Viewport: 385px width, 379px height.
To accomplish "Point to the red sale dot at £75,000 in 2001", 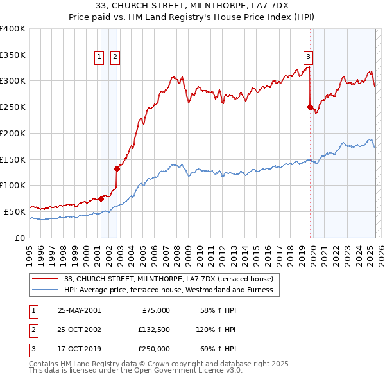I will click(101, 198).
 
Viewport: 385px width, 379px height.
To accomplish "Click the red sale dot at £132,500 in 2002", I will click(117, 168).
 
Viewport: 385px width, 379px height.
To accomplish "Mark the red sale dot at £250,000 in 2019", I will click(310, 107).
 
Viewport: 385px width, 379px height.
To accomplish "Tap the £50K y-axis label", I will click(15, 211).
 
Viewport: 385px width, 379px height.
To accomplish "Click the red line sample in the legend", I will click(46, 279).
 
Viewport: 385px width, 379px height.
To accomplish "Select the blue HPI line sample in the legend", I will click(46, 290).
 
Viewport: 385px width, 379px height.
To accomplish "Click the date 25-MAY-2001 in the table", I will click(79, 310).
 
